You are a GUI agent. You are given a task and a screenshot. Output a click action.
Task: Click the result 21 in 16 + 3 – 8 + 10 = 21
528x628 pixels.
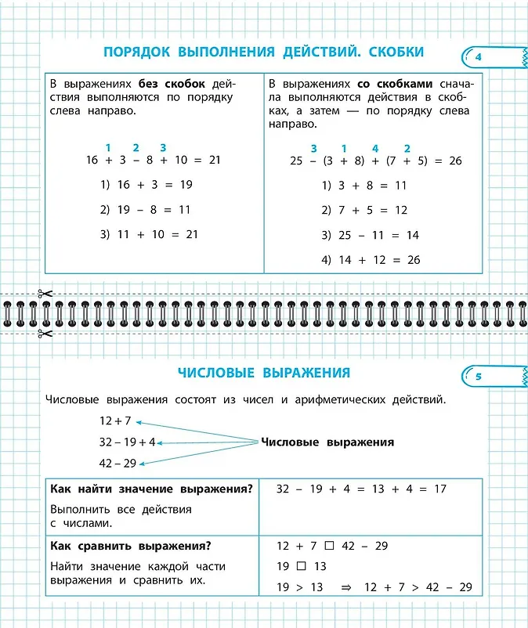[x=215, y=160]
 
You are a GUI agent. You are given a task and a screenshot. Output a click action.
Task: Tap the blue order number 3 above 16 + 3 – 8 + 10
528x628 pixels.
[x=163, y=147]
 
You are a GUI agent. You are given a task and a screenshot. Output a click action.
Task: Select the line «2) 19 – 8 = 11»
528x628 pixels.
[x=146, y=210]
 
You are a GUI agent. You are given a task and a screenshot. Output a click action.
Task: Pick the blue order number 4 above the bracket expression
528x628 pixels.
[x=375, y=149]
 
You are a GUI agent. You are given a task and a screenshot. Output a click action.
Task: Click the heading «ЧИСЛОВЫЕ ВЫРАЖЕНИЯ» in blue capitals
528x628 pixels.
[x=263, y=373]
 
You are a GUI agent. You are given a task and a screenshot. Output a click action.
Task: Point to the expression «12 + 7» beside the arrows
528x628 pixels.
[x=115, y=420]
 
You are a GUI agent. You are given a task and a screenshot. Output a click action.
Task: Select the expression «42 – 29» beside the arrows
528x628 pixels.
[x=118, y=463]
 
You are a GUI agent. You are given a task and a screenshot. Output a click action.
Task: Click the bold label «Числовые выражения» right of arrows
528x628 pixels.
[x=327, y=442]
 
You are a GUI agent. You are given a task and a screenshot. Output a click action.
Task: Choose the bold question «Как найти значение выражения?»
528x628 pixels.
[x=151, y=489]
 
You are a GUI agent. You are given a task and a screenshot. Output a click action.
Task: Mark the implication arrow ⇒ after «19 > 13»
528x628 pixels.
[x=346, y=587]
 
